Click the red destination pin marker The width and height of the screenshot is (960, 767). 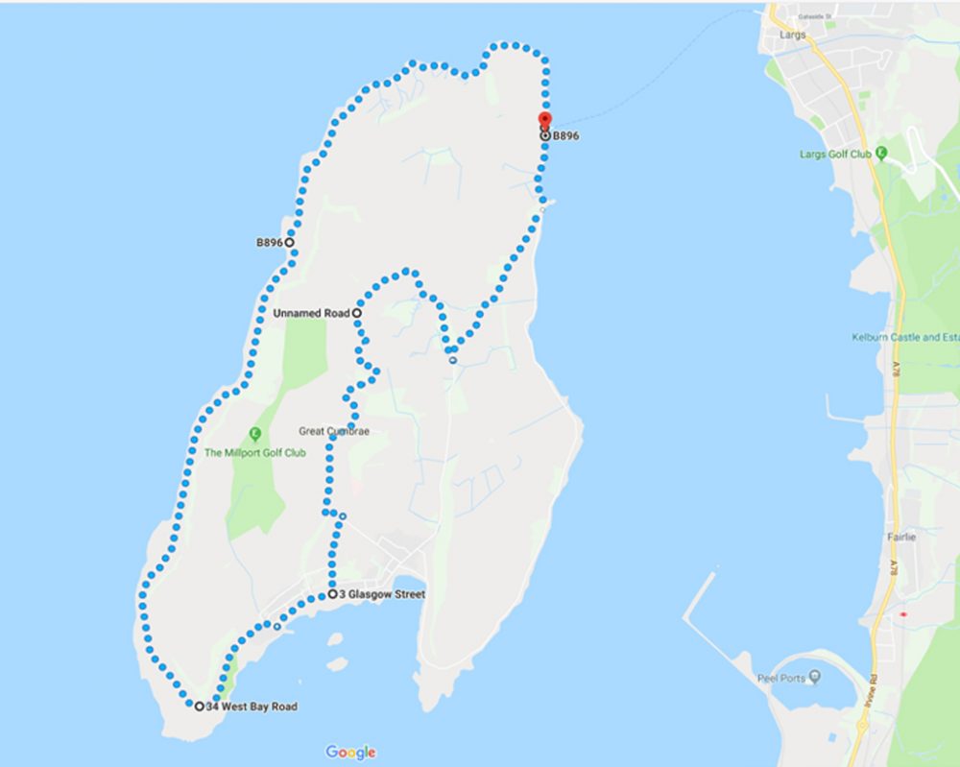pyautogui.click(x=544, y=120)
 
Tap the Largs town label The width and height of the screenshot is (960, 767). pyautogui.click(x=794, y=35)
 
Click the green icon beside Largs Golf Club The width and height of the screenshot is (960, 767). pyautogui.click(x=881, y=153)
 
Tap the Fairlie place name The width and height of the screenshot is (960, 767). pyautogui.click(x=901, y=538)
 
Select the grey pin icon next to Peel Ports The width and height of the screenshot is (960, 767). pyautogui.click(x=815, y=678)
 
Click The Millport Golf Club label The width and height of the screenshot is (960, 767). pyautogui.click(x=254, y=453)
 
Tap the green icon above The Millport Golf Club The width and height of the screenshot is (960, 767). pyautogui.click(x=255, y=434)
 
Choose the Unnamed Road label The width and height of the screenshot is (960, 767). pyautogui.click(x=310, y=313)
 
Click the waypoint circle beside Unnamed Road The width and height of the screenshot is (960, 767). pyautogui.click(x=356, y=313)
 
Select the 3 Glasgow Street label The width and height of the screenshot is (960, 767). pyautogui.click(x=382, y=595)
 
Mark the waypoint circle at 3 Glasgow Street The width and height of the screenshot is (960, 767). pyautogui.click(x=332, y=595)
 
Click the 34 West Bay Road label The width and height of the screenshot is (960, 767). pyautogui.click(x=252, y=707)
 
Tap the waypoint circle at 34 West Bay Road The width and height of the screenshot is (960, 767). pyautogui.click(x=199, y=707)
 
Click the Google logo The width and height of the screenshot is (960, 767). pyautogui.click(x=350, y=753)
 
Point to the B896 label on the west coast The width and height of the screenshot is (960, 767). pyautogui.click(x=269, y=243)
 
